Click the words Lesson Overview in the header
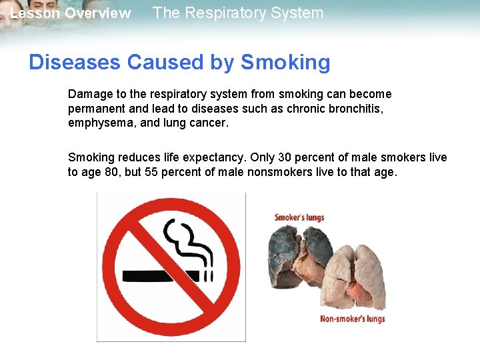[x=71, y=13]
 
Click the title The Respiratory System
[x=238, y=13]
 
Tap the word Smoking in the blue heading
[x=285, y=62]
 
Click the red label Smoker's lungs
[x=299, y=217]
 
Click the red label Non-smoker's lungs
[x=352, y=319]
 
